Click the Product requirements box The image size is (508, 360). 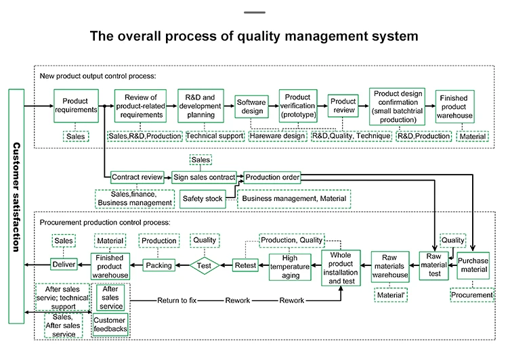pyautogui.click(x=76, y=106)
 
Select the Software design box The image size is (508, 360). pyautogui.click(x=251, y=106)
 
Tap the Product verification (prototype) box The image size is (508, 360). pyautogui.click(x=298, y=106)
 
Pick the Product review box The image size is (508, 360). pyautogui.click(x=343, y=106)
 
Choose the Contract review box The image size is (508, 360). pyautogui.click(x=137, y=177)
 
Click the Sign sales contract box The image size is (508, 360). pyautogui.click(x=204, y=177)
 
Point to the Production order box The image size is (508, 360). pyautogui.click(x=272, y=177)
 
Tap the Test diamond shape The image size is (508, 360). pyautogui.click(x=205, y=266)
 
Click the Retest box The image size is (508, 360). pyautogui.click(x=245, y=266)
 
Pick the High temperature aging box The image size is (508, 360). pyautogui.click(x=289, y=267)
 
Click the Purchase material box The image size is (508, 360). pyautogui.click(x=473, y=265)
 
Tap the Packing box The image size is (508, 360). pyautogui.click(x=158, y=265)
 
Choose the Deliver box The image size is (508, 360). pyautogui.click(x=64, y=265)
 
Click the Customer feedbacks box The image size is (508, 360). pyautogui.click(x=110, y=325)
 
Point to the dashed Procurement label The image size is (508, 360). pyautogui.click(x=472, y=295)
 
